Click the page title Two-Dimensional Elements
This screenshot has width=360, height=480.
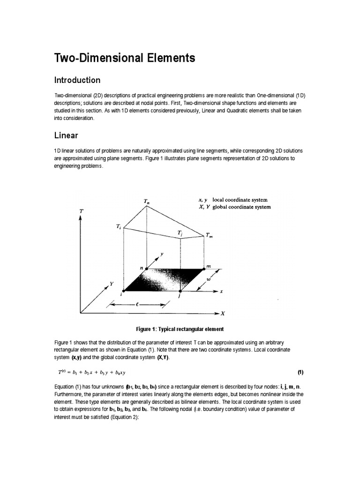click(125, 58)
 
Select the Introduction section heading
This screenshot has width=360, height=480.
click(77, 80)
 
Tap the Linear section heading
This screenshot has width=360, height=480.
click(66, 135)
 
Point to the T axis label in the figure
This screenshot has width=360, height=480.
click(82, 211)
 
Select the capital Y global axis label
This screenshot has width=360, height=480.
click(112, 284)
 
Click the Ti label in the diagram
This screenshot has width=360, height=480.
click(119, 226)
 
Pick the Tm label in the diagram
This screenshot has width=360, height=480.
click(209, 236)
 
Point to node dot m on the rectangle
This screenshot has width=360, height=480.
click(204, 269)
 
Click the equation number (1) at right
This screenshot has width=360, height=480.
click(300, 372)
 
